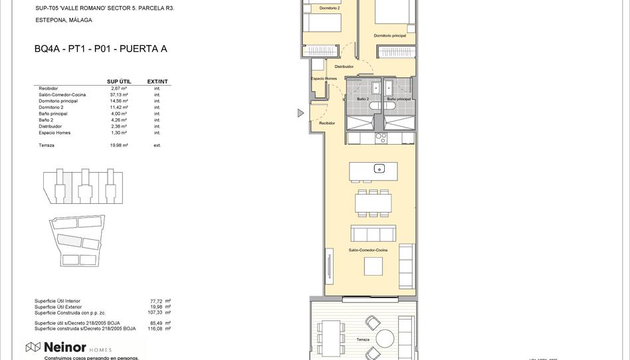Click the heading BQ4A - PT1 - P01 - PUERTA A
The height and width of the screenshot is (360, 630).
click(100, 49)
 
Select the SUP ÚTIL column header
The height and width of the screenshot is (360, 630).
click(119, 82)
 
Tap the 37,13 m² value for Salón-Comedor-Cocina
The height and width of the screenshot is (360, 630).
click(119, 94)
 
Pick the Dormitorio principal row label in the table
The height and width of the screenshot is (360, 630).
click(58, 101)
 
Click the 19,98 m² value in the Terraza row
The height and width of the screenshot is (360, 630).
click(119, 145)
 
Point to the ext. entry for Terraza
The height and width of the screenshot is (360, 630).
click(157, 145)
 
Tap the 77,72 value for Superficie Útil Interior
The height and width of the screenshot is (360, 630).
click(157, 301)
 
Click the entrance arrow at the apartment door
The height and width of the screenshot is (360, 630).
click(300, 113)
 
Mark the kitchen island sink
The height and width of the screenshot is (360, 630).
click(379, 168)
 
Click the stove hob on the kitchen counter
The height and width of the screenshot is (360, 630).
click(381, 138)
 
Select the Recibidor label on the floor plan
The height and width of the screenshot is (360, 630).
click(327, 123)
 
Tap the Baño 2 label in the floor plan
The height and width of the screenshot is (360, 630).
click(363, 99)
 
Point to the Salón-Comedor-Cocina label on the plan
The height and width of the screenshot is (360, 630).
click(367, 250)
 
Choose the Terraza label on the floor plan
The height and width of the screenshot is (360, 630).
click(362, 339)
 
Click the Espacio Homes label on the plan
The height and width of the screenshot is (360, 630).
click(324, 79)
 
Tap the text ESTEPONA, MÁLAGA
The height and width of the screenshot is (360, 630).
click(64, 21)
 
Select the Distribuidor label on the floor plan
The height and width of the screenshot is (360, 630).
click(344, 66)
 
